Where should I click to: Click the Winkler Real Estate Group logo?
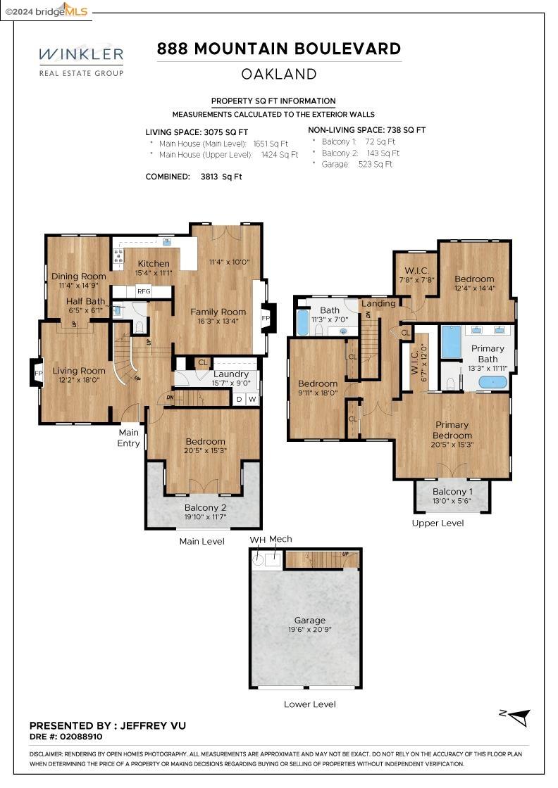tap(81, 61)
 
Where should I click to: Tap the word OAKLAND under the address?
tap(279, 74)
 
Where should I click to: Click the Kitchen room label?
tap(153, 264)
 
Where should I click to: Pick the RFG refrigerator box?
tap(144, 291)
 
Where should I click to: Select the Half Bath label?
tap(85, 301)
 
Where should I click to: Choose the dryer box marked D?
tap(240, 400)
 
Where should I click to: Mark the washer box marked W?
tap(252, 400)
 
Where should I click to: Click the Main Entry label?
tap(129, 438)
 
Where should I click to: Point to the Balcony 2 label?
tap(205, 508)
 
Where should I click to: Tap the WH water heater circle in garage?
tap(258, 559)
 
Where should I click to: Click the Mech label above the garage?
tap(280, 539)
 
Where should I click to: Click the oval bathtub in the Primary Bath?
tap(492, 383)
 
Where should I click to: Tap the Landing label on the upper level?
tap(378, 303)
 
